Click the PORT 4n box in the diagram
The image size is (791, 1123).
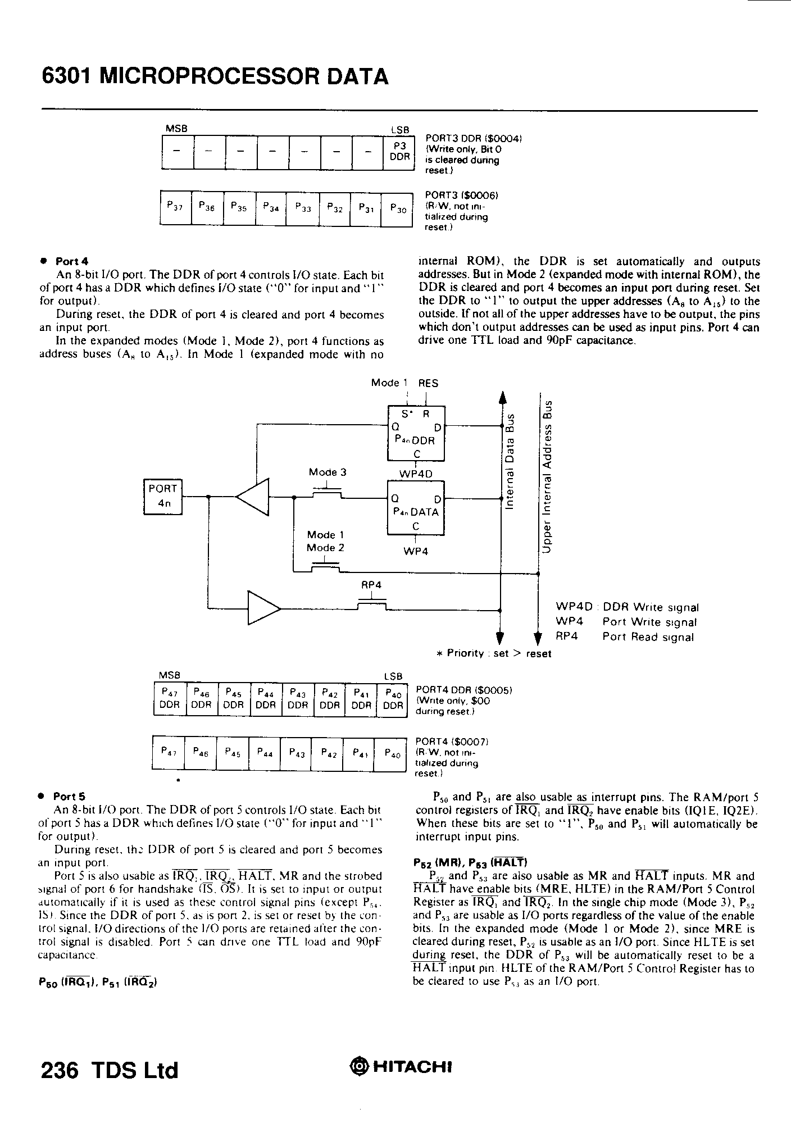click(x=163, y=496)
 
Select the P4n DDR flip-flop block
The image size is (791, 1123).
click(x=416, y=433)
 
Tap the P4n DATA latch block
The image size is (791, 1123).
click(x=416, y=507)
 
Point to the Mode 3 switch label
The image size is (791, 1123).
click(x=327, y=472)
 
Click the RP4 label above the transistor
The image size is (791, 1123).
click(x=371, y=585)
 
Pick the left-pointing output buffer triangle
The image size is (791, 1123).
click(x=254, y=496)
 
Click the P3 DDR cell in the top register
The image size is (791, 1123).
click(x=399, y=152)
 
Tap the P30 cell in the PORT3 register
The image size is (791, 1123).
click(x=397, y=208)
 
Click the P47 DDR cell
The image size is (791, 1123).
click(x=169, y=699)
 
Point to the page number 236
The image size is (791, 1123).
click(x=59, y=1070)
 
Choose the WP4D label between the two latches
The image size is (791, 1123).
click(x=416, y=474)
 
